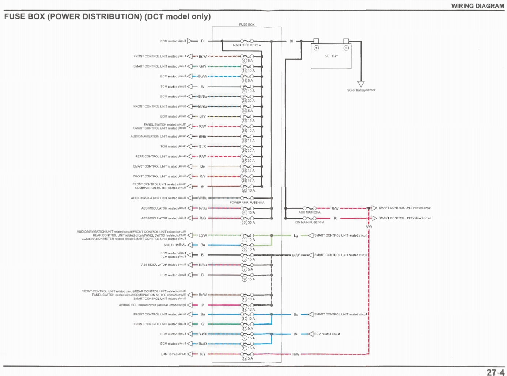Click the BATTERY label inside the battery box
point(331,56)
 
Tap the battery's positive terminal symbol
point(316,48)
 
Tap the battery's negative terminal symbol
point(346,48)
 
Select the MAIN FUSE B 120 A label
point(247,45)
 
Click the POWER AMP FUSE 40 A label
point(247,202)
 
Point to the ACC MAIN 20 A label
point(309,212)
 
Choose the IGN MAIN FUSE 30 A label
point(309,222)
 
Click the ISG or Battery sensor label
point(361,90)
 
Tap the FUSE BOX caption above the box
point(247,24)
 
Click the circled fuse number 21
point(244,101)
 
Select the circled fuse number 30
point(244,191)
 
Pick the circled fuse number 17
point(244,309)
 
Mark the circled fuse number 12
point(244,358)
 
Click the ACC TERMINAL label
point(175,245)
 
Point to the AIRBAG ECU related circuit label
point(152,305)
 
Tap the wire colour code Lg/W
point(203,235)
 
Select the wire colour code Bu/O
point(203,344)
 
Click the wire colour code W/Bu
point(203,198)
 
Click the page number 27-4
point(495,372)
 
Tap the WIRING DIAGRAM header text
point(477,6)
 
